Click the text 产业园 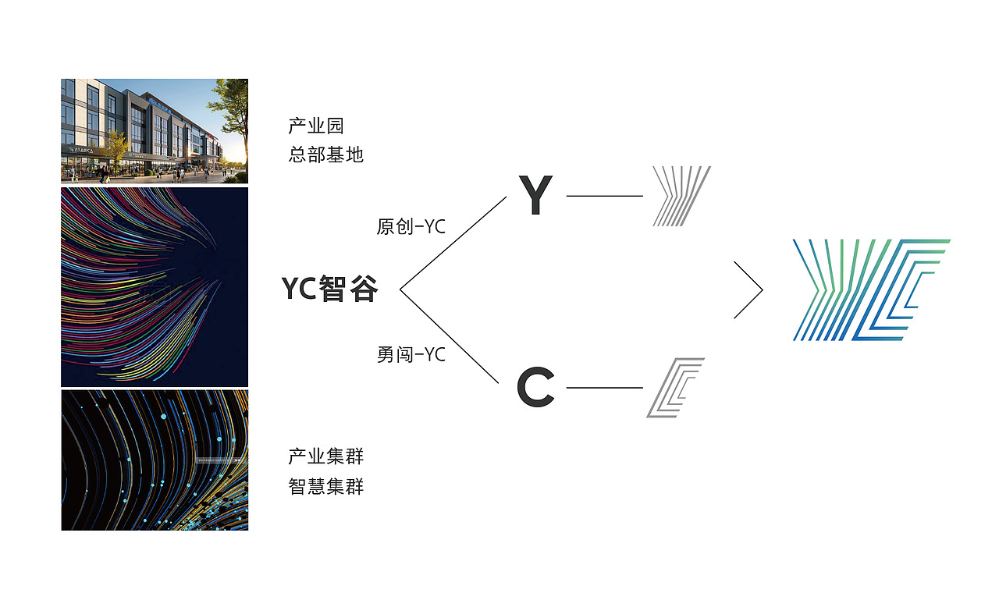point(316,126)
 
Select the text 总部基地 point(326,154)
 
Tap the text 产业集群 point(326,456)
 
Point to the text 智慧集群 point(326,487)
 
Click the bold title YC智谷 point(329,289)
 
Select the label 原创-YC point(411,227)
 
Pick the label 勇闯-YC point(411,355)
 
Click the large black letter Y point(535,196)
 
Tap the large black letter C point(535,388)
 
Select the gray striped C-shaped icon point(675,387)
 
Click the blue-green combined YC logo point(871,289)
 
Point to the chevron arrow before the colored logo point(749,290)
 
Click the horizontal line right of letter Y point(604,196)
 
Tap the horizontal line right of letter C point(604,387)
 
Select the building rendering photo point(155,131)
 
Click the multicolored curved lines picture point(155,286)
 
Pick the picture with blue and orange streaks point(155,460)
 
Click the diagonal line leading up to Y point(453,243)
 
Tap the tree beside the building point(233,117)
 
